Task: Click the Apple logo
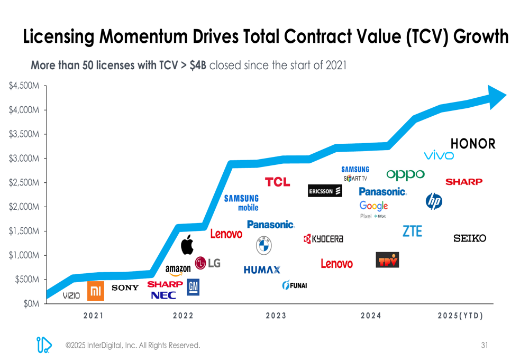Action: pos(187,245)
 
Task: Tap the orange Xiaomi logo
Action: pos(96,291)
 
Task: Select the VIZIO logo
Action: pos(71,296)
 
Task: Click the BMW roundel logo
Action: pos(263,245)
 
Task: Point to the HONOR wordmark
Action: pos(473,144)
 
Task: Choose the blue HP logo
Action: pos(434,201)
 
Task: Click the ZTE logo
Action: pos(413,231)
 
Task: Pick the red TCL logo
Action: pos(278,182)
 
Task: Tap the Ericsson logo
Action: pos(325,191)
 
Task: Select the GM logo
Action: pos(193,287)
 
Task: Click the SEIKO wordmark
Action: pos(470,238)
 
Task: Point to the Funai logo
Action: pos(295,285)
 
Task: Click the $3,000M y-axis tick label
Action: pos(24,159)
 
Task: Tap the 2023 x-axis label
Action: pos(276,316)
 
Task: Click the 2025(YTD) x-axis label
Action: pos(460,316)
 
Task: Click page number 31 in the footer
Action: pos(485,346)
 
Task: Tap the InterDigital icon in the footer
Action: pos(43,345)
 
